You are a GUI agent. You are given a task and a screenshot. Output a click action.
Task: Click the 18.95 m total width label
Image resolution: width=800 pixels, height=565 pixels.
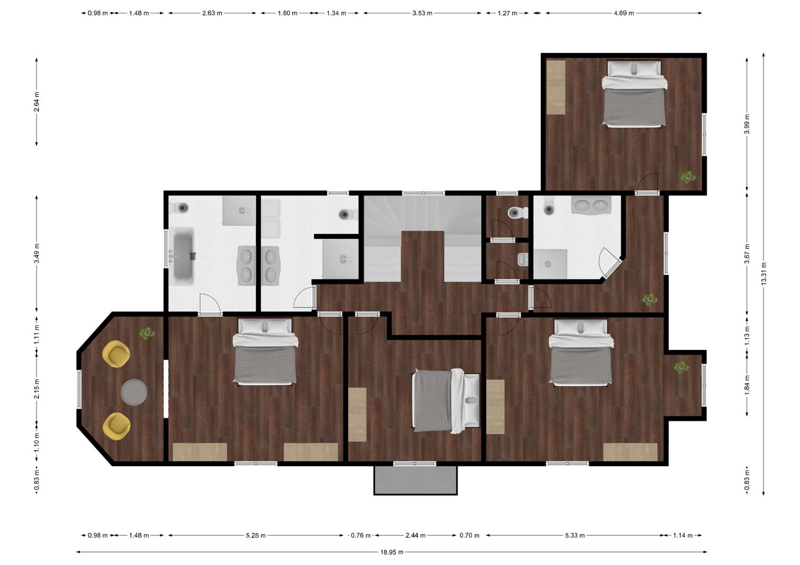(x=392, y=552)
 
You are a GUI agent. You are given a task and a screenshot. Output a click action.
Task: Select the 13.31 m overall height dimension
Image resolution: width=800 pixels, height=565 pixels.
(x=763, y=274)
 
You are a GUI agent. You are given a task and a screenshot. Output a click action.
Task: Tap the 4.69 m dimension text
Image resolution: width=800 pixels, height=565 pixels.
(x=624, y=13)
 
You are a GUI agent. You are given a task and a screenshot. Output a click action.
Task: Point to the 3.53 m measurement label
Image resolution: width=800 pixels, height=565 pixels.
(x=422, y=13)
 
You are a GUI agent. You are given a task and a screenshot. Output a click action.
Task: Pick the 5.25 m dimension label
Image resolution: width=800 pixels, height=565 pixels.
(x=256, y=535)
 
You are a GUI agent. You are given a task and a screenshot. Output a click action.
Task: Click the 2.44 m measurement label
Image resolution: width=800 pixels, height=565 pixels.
(x=415, y=535)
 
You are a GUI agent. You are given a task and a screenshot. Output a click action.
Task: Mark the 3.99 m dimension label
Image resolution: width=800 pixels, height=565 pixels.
(x=747, y=124)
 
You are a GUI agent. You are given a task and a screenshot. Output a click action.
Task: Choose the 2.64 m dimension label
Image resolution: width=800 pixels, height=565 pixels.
(x=37, y=102)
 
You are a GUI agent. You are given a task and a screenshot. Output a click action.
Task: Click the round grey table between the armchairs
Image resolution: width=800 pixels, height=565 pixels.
(x=134, y=392)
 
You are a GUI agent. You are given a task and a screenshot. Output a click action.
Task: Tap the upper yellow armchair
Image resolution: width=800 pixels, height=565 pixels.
(x=116, y=354)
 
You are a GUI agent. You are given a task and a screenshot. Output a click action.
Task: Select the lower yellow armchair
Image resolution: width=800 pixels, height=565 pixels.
(x=117, y=426)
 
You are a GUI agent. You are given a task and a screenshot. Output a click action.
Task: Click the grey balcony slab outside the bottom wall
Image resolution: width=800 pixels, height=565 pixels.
(x=415, y=480)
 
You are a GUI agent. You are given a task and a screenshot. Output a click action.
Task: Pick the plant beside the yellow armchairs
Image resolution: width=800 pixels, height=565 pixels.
(x=147, y=334)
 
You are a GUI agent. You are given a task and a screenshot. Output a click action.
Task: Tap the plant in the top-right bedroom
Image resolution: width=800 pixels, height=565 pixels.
(x=688, y=177)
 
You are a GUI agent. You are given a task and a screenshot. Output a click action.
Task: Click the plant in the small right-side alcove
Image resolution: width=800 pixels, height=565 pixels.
(x=682, y=367)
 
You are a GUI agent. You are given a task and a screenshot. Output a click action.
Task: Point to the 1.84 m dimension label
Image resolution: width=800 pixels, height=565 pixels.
(x=747, y=384)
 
